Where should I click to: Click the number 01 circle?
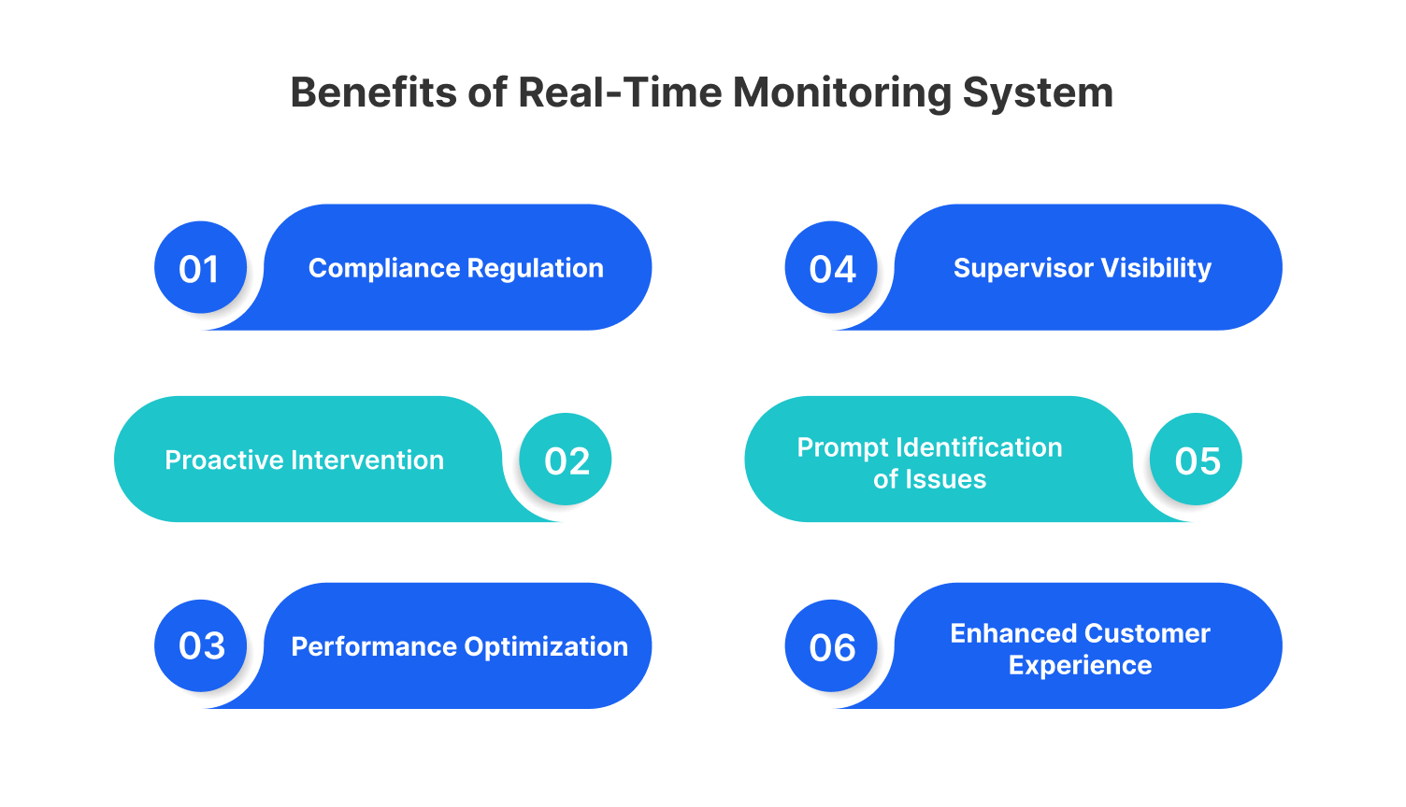[x=200, y=268]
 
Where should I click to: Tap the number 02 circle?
[x=566, y=460]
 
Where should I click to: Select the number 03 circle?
[x=201, y=645]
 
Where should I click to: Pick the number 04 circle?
[x=831, y=268]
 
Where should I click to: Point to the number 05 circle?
[x=1196, y=460]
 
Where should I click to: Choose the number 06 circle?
[x=831, y=646]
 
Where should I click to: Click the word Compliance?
[x=384, y=269]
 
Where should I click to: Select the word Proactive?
[x=224, y=460]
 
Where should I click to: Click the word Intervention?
[x=367, y=460]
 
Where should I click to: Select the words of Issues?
[x=929, y=480]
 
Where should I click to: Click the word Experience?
[x=1080, y=666]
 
